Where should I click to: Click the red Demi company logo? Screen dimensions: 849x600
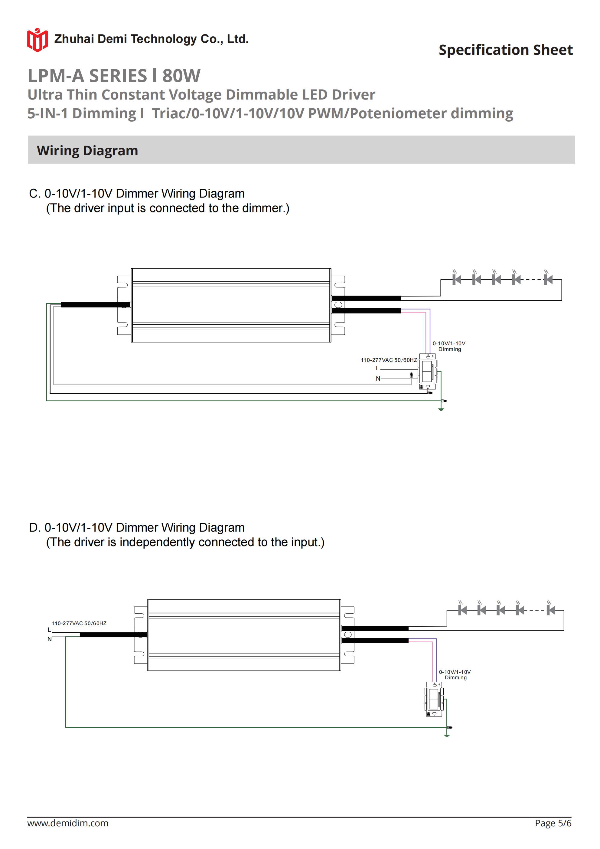coord(37,40)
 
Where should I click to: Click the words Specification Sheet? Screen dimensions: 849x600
coord(505,50)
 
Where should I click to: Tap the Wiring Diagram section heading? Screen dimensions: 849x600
coord(87,150)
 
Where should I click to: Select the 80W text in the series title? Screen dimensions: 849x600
coord(181,76)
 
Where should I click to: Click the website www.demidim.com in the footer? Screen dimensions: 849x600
coord(68,823)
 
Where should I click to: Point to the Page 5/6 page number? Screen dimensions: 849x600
coord(553,823)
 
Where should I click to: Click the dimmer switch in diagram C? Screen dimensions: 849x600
coord(428,372)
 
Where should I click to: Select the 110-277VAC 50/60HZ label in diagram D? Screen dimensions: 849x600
coord(79,623)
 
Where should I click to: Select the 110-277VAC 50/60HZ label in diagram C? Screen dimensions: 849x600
coord(389,360)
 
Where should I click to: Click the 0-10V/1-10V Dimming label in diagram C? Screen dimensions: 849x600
coord(449,346)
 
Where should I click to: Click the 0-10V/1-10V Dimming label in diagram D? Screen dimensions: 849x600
coord(455,674)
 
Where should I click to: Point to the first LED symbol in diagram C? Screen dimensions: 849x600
coord(457,280)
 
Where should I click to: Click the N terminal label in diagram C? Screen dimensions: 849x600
coord(378,378)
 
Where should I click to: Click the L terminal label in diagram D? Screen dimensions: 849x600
coord(49,630)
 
